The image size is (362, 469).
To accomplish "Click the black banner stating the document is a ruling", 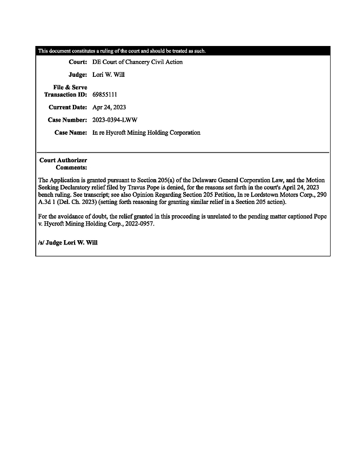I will [183, 51].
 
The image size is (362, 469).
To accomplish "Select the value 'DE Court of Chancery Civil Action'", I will [137, 62].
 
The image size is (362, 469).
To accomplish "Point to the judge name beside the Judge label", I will [109, 75].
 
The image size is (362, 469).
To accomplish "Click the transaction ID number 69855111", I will [105, 95].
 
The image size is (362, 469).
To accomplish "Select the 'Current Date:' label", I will [68, 107].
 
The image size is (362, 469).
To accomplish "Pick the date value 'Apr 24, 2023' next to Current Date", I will [109, 107].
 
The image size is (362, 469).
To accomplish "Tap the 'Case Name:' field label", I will [71, 133].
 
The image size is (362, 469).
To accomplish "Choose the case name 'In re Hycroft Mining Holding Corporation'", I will [146, 133].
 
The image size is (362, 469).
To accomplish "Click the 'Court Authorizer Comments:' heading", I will [63, 164].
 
